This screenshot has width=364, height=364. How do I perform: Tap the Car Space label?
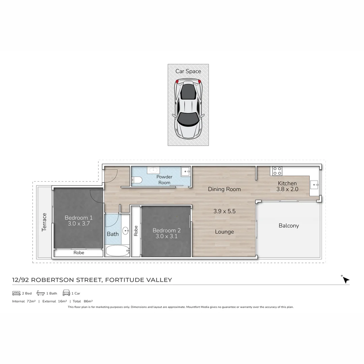(188, 71)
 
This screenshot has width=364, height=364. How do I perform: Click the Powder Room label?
(164, 180)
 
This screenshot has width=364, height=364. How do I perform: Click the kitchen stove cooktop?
(277, 171)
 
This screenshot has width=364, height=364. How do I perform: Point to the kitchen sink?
(314, 184)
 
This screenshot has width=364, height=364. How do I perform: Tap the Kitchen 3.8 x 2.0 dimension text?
(287, 189)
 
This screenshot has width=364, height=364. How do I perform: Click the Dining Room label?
(224, 189)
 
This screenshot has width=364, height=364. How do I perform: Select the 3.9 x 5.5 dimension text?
(224, 211)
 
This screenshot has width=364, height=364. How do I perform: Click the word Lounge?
(224, 232)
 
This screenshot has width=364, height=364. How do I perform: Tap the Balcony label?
(289, 225)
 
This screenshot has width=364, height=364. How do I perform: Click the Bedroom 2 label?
(166, 231)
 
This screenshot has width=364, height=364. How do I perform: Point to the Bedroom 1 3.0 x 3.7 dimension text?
(79, 223)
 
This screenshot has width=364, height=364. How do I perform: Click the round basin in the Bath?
(126, 231)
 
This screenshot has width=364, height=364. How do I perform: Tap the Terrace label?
(44, 222)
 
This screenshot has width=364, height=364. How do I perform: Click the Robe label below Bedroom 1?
(79, 252)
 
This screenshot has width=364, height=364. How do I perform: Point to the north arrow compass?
(346, 280)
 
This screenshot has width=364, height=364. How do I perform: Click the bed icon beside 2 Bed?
(16, 293)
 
